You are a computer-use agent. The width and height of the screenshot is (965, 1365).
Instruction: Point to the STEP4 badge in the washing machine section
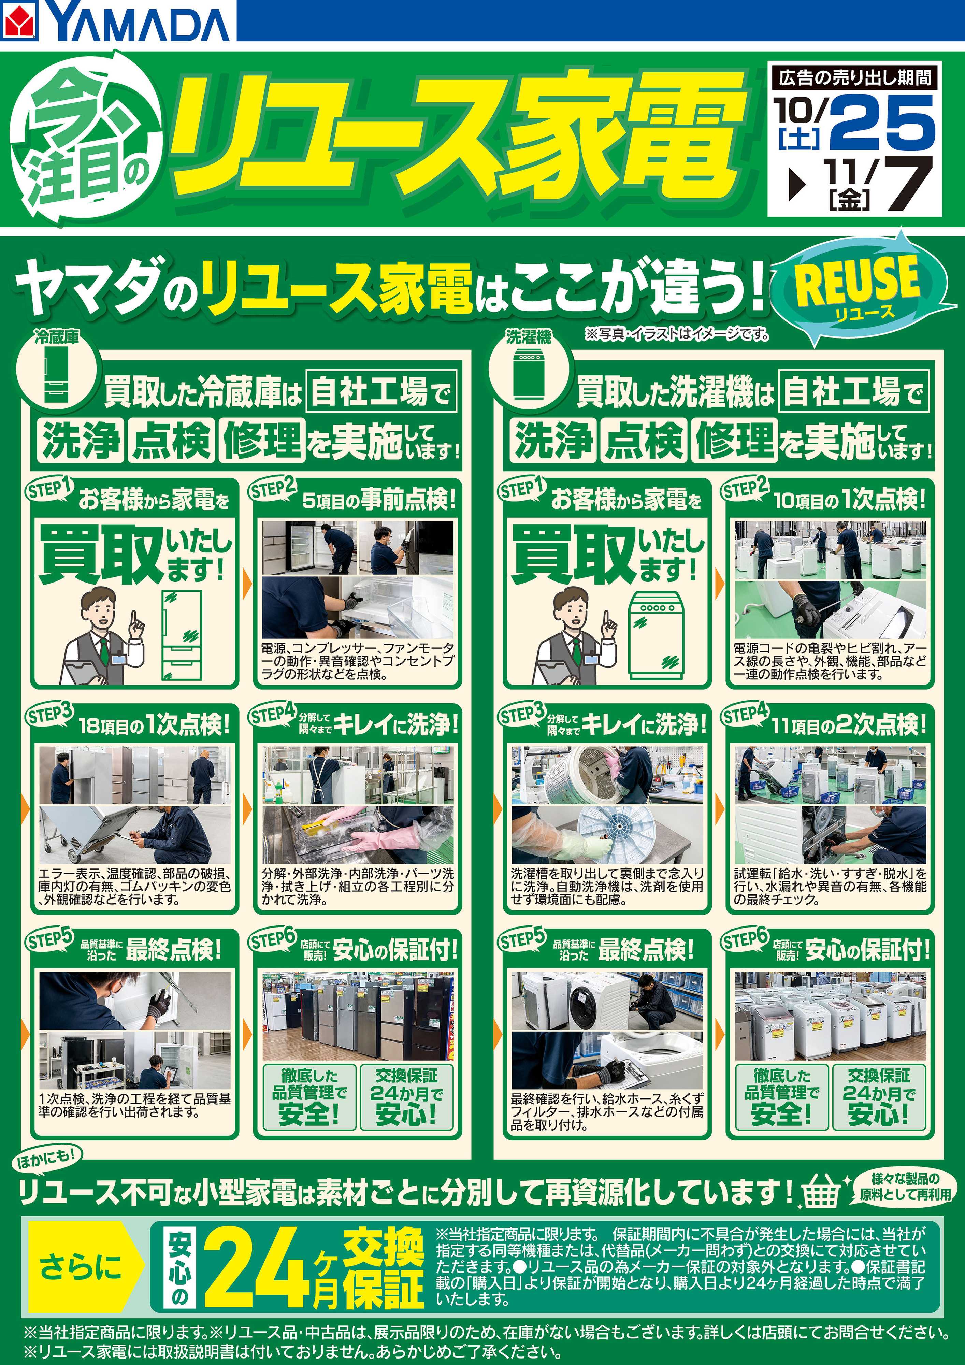pyautogui.click(x=746, y=714)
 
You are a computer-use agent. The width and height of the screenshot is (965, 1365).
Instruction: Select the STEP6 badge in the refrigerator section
pyautogui.click(x=273, y=940)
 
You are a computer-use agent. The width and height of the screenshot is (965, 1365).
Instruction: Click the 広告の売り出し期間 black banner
pyautogui.click(x=854, y=77)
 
